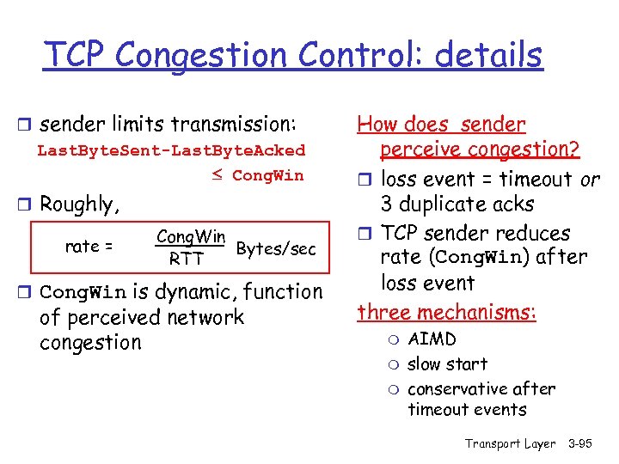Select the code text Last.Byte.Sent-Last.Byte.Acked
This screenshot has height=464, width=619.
pos(170,150)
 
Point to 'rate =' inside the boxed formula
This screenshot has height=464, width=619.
pos(89,247)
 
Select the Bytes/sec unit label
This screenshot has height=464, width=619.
pos(276,248)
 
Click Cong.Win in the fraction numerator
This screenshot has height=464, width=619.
pos(191,236)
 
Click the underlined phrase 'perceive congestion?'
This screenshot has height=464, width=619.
pos(479,150)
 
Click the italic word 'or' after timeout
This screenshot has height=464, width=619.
pos(590,180)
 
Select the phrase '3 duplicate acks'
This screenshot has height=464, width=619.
pos(457,205)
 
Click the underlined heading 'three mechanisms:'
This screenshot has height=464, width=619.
pos(446,312)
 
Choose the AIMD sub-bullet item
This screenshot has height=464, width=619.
pos(432,339)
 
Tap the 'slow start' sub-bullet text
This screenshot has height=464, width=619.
pos(447,364)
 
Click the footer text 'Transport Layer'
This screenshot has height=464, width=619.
pos(510,443)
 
